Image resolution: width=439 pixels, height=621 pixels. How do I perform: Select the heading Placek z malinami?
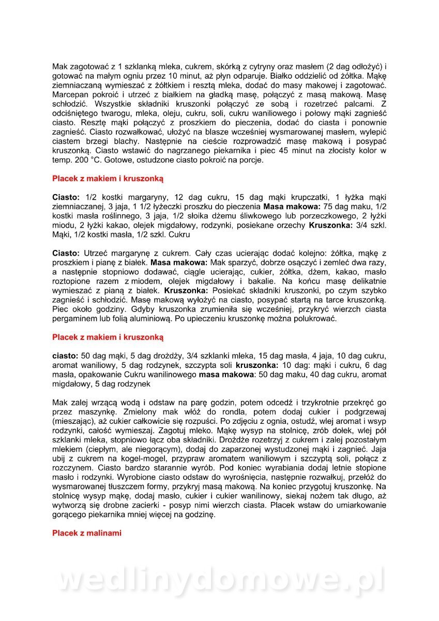click(x=87, y=533)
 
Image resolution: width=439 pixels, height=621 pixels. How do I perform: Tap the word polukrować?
click(x=314, y=318)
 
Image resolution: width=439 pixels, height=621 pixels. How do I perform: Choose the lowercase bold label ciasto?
click(x=65, y=356)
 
